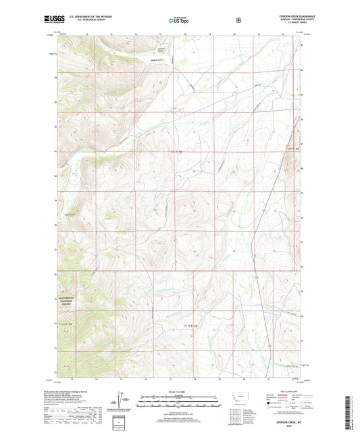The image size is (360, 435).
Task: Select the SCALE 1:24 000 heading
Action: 179,392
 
